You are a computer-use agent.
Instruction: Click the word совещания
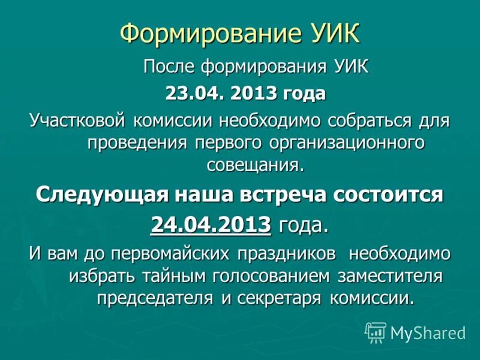(x=256, y=164)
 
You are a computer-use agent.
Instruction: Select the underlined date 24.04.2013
(x=211, y=224)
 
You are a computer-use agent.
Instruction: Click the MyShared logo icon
(x=376, y=332)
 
